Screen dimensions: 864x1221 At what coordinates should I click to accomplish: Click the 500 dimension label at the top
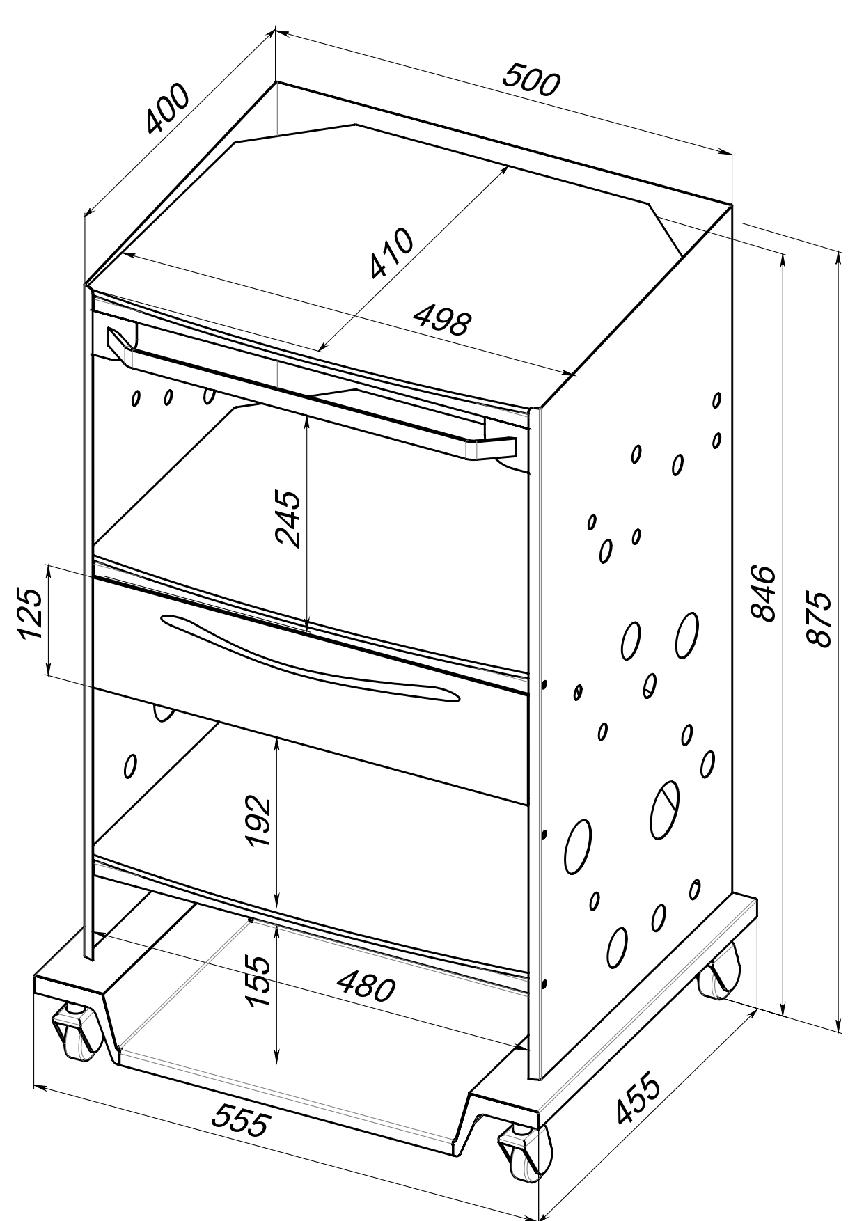(x=531, y=80)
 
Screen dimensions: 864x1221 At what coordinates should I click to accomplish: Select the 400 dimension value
(x=167, y=109)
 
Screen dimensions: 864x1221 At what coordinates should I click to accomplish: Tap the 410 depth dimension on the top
(x=391, y=253)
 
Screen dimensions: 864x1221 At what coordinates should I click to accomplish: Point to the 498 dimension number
(x=443, y=321)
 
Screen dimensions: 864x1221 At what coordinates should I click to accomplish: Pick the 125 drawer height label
(x=31, y=613)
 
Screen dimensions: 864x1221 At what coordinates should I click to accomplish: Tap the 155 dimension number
(x=258, y=980)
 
